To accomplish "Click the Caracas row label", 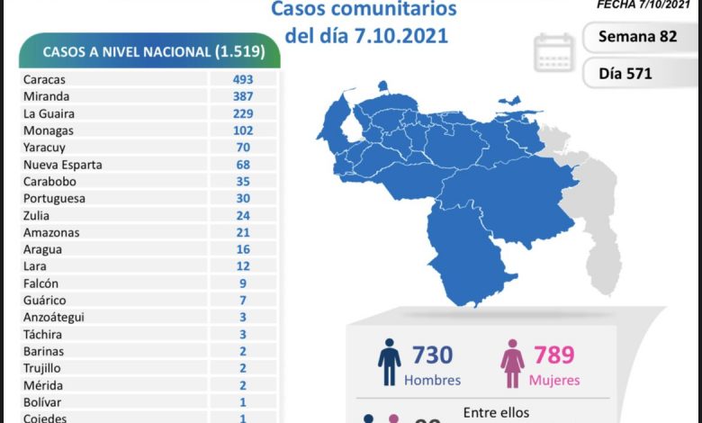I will pos(45,79).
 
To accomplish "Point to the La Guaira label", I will pos(49,113).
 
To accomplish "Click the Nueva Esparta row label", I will pos(63,165).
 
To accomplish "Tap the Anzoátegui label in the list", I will pos(56,318).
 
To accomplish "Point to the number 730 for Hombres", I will pos(432,355).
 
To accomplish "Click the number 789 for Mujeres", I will pos(553,355).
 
